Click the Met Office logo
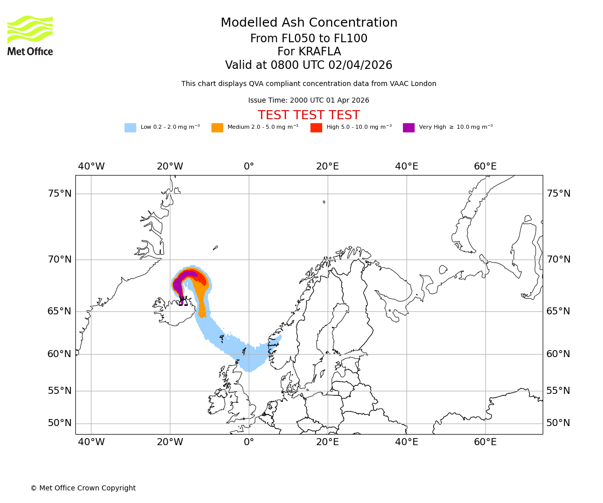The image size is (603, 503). point(30,35)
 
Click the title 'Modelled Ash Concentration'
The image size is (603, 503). point(309,23)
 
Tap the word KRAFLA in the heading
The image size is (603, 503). point(320,52)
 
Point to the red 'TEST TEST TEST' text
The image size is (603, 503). point(309,115)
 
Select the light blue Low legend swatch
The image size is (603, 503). point(130,128)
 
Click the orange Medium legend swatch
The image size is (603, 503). point(217,128)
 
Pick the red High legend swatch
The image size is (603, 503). point(316,128)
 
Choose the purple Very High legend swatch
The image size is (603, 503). point(409,128)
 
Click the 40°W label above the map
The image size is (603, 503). point(91,166)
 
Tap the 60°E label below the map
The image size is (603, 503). point(485,442)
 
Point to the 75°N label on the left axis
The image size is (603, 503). point(59,194)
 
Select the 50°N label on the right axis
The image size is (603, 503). point(558,423)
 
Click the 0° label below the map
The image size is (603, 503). point(249,442)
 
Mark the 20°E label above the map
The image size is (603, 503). point(328,166)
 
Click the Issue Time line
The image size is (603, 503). point(309,100)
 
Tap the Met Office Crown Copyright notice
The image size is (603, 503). point(83,488)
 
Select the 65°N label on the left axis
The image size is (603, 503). point(59,311)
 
